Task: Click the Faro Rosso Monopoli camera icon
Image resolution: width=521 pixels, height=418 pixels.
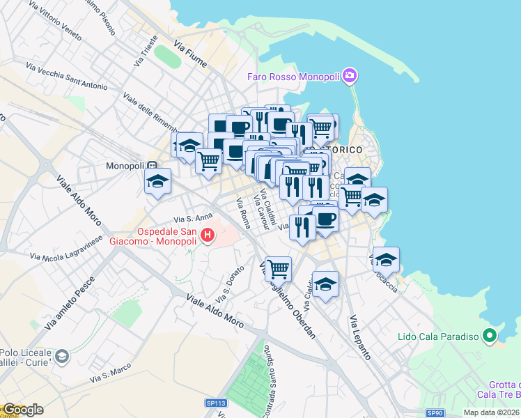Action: point(350,75)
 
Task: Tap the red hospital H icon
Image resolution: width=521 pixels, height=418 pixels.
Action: point(207,236)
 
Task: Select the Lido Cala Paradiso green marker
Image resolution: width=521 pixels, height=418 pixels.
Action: point(490,336)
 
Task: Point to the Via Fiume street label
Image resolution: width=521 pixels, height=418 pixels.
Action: point(191,54)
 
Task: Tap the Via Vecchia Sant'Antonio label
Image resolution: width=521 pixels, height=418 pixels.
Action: point(67,77)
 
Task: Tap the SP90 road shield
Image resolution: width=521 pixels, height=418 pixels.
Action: point(435,412)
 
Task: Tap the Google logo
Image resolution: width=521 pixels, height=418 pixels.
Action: point(23,410)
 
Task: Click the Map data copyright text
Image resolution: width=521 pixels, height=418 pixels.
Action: point(491,412)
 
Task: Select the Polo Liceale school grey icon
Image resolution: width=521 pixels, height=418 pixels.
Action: point(62,356)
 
